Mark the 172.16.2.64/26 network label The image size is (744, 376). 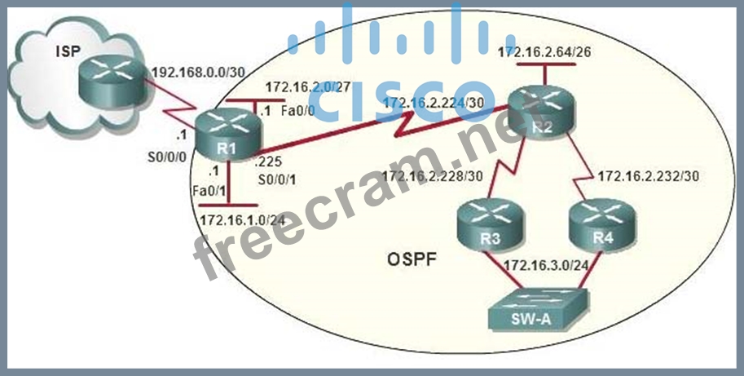point(544,51)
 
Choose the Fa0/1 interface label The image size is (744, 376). point(209,190)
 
